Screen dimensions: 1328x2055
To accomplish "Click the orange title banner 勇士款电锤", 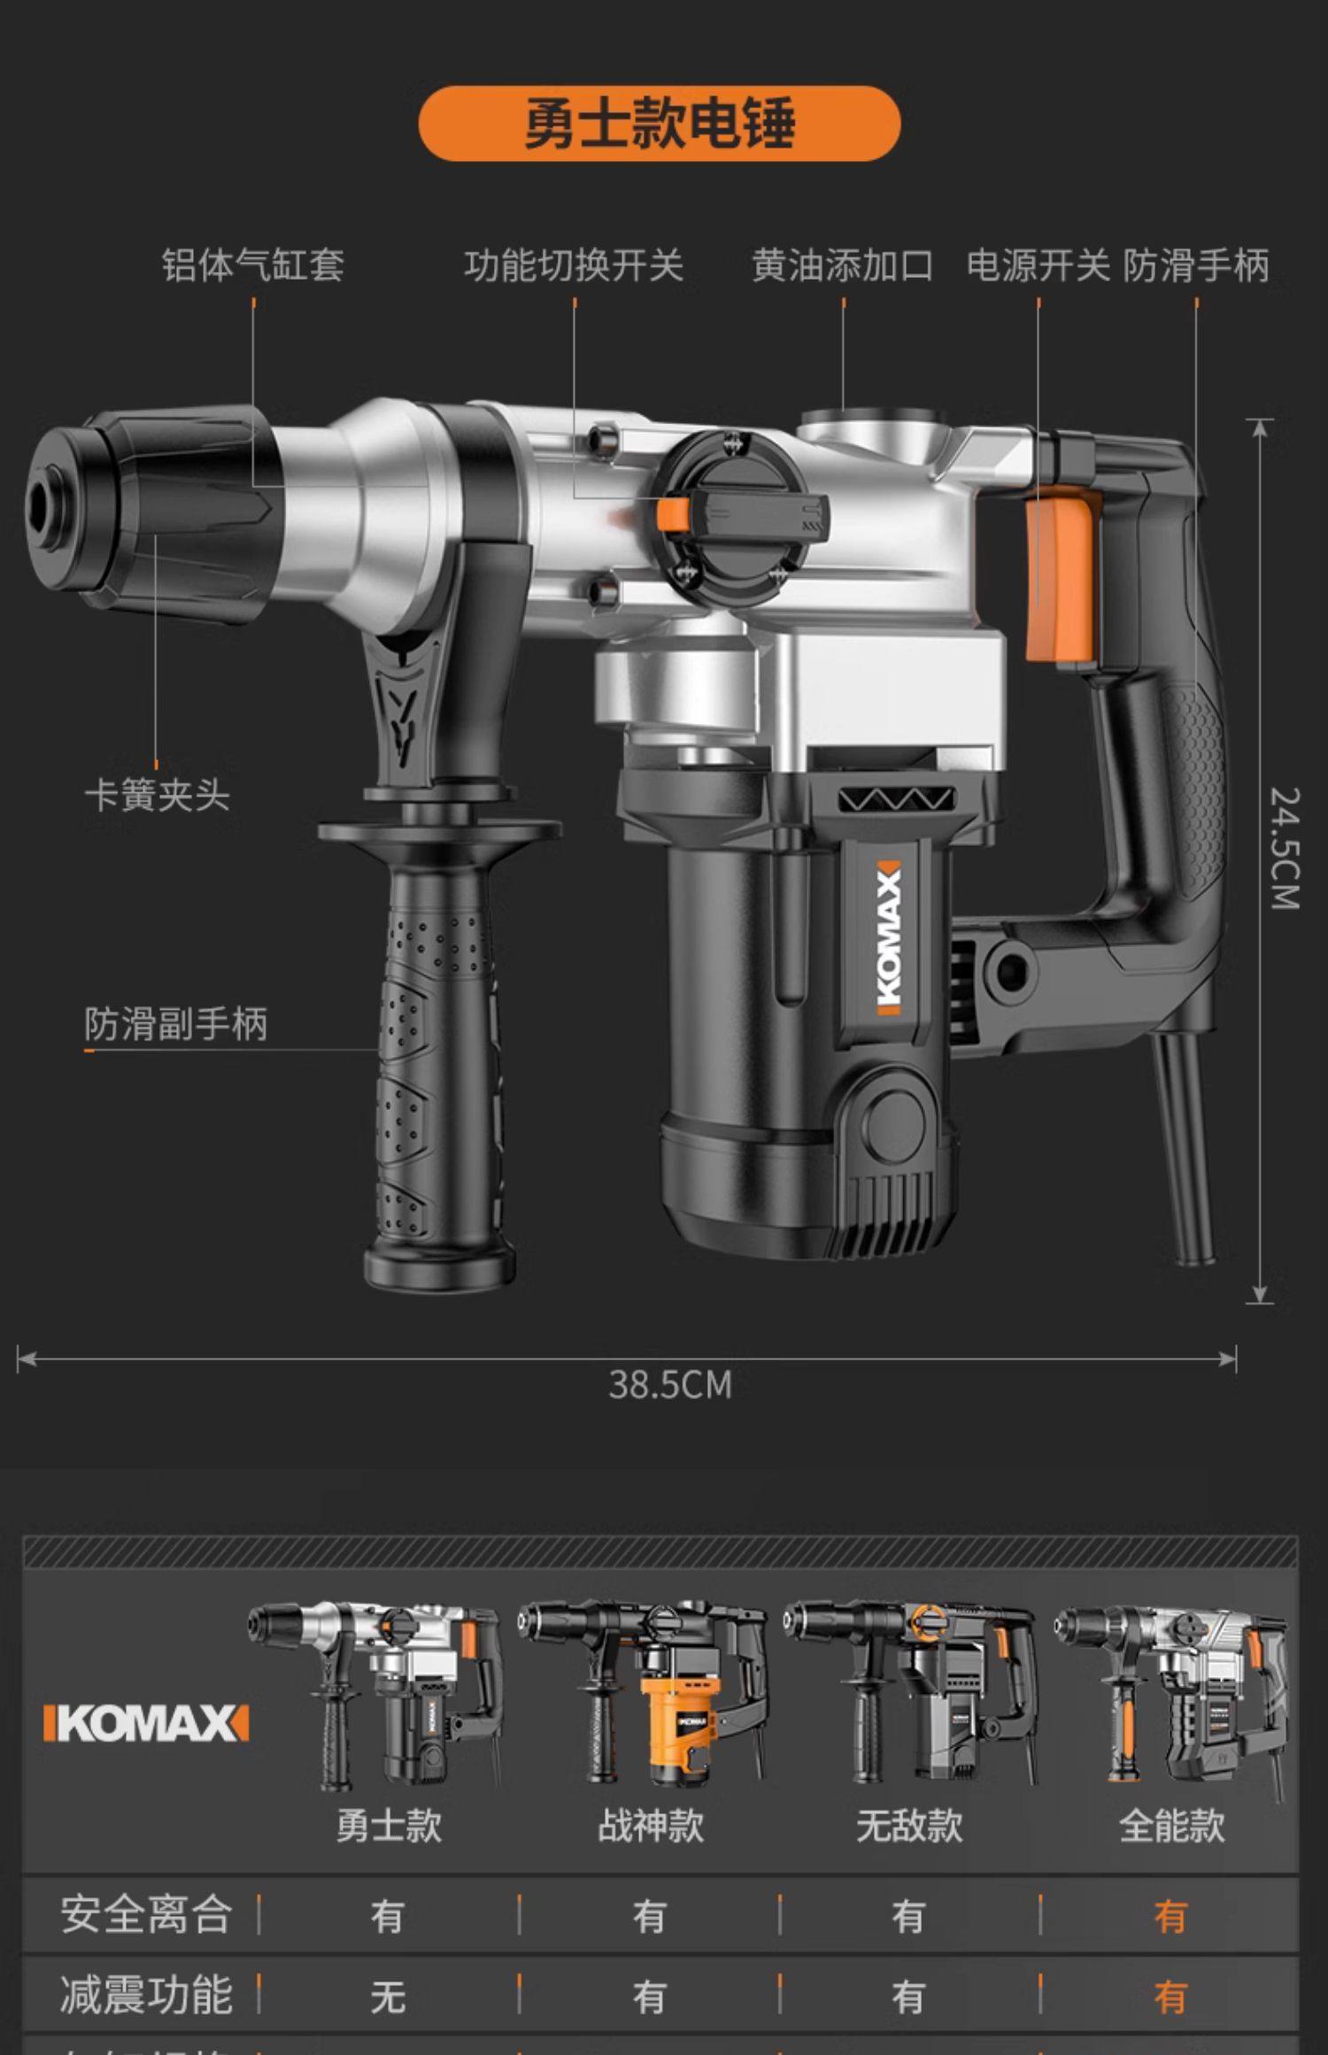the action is (x=660, y=124).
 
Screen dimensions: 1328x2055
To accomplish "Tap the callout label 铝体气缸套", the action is (x=253, y=265).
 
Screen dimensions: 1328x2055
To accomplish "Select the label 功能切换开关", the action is (x=574, y=265).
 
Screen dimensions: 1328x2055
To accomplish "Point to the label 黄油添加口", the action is (x=842, y=265).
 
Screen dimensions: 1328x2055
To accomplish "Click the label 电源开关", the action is (x=1038, y=265).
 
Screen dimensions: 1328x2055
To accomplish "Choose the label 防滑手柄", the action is (x=1196, y=265).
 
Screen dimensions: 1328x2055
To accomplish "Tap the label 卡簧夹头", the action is (x=158, y=795).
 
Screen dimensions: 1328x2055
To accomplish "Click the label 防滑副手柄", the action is (x=175, y=1024).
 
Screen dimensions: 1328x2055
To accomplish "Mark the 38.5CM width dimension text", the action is (x=670, y=1385).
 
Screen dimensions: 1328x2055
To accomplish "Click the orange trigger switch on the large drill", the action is (x=1060, y=575).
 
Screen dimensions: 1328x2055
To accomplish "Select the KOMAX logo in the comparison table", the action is (x=146, y=1724).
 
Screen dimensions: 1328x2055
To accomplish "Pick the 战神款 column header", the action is (x=650, y=1825).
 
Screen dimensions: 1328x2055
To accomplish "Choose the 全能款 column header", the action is (x=1170, y=1825).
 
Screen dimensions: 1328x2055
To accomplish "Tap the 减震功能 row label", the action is (x=146, y=1995).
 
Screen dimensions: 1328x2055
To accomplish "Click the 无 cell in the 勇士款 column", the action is (x=388, y=1997).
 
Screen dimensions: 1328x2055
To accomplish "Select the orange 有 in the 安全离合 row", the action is (x=1170, y=1917).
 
